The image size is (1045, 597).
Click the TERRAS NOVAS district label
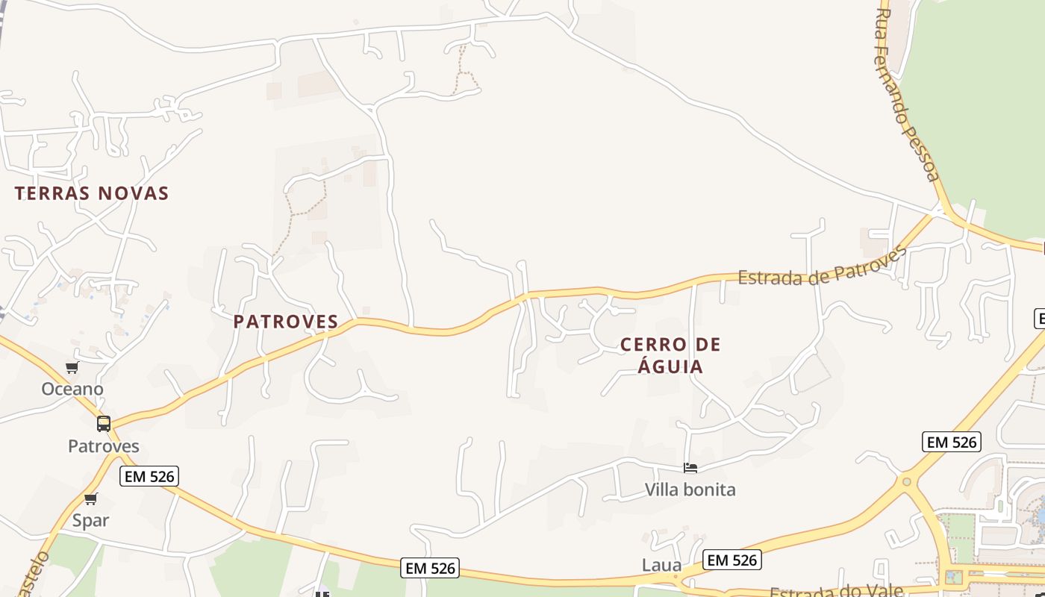92,193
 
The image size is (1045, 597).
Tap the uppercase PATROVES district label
286,322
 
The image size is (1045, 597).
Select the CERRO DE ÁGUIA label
670,355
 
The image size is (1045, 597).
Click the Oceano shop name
72,389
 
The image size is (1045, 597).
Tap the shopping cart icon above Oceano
72,367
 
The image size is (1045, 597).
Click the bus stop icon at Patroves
104,424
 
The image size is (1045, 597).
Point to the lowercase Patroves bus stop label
104,446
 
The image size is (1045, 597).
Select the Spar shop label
90,520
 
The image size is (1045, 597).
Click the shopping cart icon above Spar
90,498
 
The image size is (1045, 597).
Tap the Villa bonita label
690,490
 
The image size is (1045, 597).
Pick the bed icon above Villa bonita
690,468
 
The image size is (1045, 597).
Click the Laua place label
661,565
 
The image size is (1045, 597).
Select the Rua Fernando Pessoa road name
906,96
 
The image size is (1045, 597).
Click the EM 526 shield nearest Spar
149,476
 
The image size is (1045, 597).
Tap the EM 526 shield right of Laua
731,560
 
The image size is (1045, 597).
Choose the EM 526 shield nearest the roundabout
951,442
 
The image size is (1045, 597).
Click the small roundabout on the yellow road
906,482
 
